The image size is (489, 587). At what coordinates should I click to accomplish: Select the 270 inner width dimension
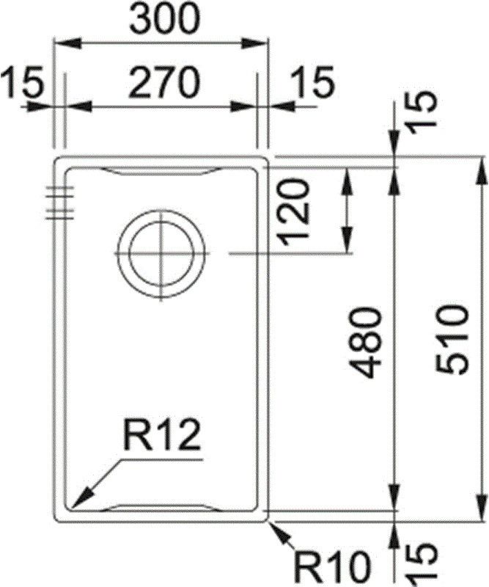tap(163, 83)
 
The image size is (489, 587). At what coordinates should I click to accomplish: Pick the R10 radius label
tap(329, 567)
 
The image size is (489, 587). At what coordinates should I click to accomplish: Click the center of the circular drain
tap(161, 253)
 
